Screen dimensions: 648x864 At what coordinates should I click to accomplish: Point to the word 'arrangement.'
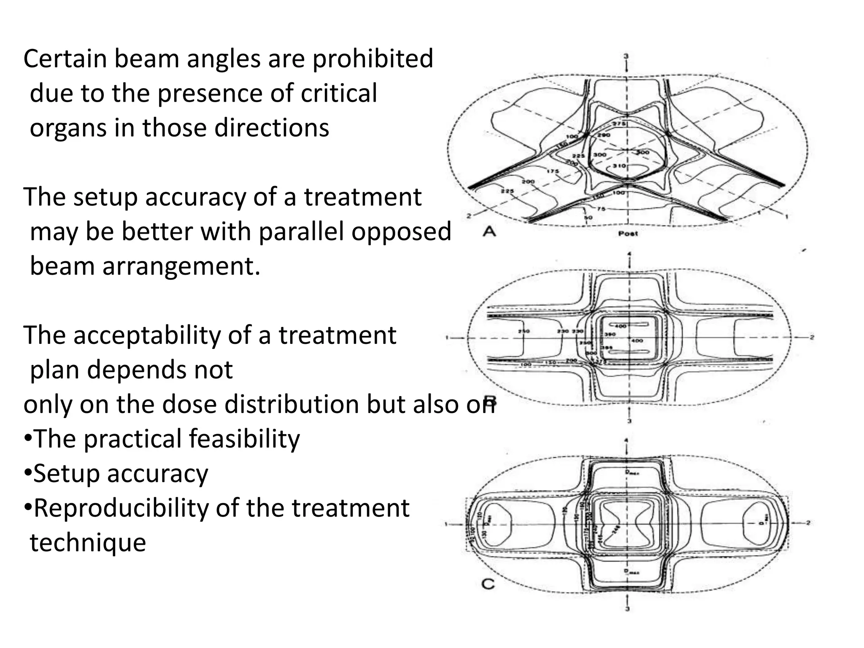pos(182,266)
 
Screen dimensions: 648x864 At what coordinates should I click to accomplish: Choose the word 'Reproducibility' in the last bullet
pos(121,508)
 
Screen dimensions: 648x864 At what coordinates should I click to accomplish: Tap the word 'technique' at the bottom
pos(88,543)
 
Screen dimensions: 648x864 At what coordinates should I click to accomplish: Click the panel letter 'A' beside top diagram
pos(489,232)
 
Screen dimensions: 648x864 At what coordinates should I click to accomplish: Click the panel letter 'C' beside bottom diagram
pos(488,585)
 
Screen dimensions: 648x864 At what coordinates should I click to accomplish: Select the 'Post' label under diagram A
pos(628,233)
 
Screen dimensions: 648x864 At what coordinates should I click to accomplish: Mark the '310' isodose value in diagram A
pos(619,165)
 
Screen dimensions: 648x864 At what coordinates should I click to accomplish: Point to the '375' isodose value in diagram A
pos(619,124)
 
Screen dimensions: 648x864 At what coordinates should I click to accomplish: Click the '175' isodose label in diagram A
pos(553,171)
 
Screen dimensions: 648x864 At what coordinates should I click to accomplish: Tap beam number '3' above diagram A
pos(626,56)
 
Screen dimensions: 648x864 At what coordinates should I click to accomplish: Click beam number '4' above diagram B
pos(629,254)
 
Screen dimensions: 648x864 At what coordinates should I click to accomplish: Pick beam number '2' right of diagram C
pos(808,523)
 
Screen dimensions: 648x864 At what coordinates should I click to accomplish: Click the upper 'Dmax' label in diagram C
pos(632,472)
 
